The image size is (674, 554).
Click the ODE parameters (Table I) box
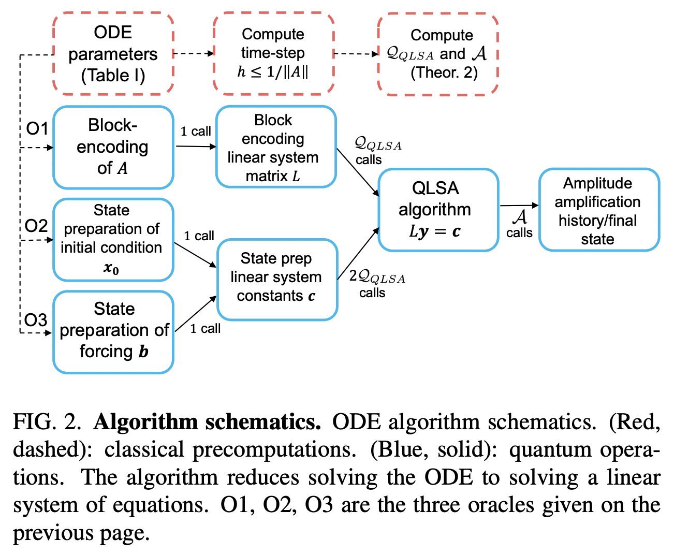click(x=113, y=54)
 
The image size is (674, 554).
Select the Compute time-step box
click(x=273, y=53)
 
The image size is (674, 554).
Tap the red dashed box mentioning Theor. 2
click(x=438, y=54)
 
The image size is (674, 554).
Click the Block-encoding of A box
click(x=113, y=147)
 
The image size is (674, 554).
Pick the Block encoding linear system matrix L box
click(x=275, y=147)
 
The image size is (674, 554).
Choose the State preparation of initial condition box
click(x=113, y=239)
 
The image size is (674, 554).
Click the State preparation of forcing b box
click(x=113, y=331)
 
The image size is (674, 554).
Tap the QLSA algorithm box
click(x=438, y=209)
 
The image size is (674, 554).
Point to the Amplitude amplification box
click(x=598, y=210)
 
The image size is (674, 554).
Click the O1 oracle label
click(x=37, y=128)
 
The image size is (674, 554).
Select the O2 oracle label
click(x=36, y=226)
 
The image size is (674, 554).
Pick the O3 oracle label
click(x=36, y=320)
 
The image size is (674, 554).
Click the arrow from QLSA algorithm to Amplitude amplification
click(x=519, y=206)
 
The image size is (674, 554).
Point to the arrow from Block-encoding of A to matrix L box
click(x=196, y=147)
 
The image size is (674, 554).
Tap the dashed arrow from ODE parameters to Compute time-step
click(x=193, y=53)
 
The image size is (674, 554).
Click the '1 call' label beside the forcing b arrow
click(x=205, y=329)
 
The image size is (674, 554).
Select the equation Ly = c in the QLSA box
click(x=435, y=231)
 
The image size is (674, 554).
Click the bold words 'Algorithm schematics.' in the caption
click(x=207, y=422)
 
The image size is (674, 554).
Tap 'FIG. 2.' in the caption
click(x=47, y=422)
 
